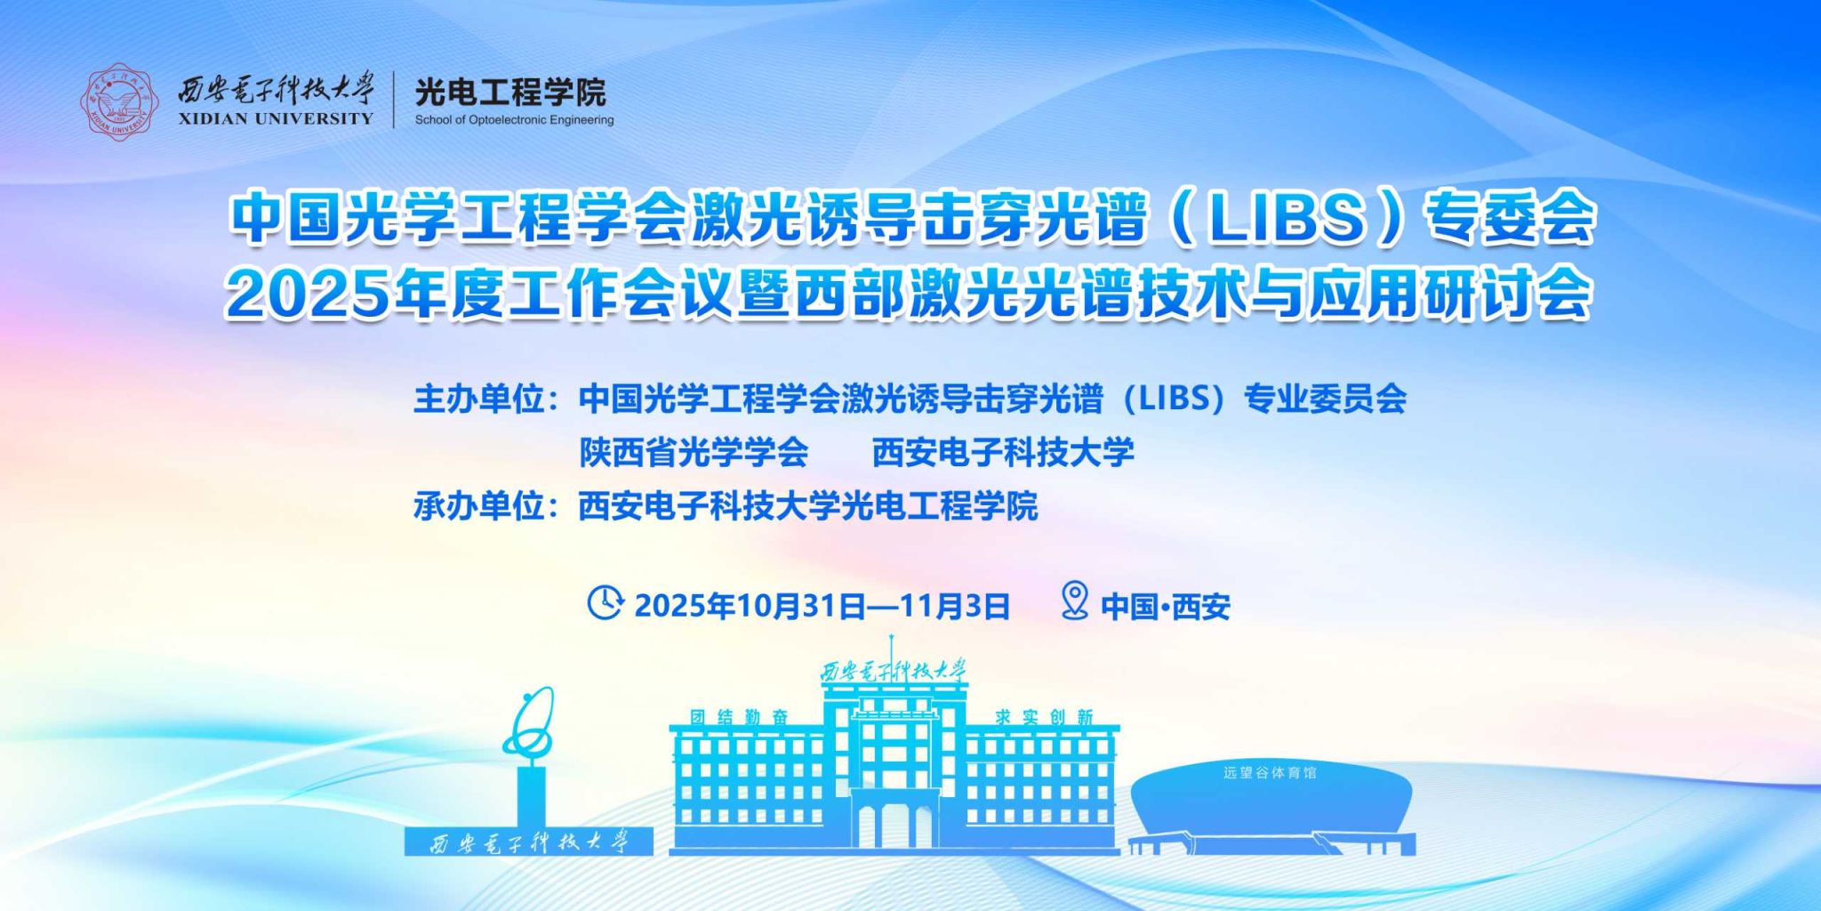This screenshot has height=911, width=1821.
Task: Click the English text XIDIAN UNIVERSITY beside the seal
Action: (276, 118)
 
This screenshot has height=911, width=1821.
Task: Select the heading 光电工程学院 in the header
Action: (510, 91)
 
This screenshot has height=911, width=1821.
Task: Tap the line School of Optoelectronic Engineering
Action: (514, 120)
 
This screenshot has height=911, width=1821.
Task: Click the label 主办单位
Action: (478, 399)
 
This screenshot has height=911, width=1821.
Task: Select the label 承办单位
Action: (478, 506)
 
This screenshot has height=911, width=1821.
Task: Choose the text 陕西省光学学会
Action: (694, 452)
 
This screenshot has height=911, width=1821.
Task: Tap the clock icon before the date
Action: (605, 602)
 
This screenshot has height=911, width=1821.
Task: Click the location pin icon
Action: (1075, 601)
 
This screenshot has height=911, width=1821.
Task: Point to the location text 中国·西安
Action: (1166, 607)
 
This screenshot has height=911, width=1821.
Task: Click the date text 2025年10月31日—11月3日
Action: (822, 607)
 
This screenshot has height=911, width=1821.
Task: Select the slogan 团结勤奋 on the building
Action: (739, 717)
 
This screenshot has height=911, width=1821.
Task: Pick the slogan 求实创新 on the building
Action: (1044, 717)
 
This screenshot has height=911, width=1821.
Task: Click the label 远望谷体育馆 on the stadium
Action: (1270, 773)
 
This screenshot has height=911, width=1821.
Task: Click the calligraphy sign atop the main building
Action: (893, 672)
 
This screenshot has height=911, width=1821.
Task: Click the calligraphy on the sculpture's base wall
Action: (529, 842)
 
